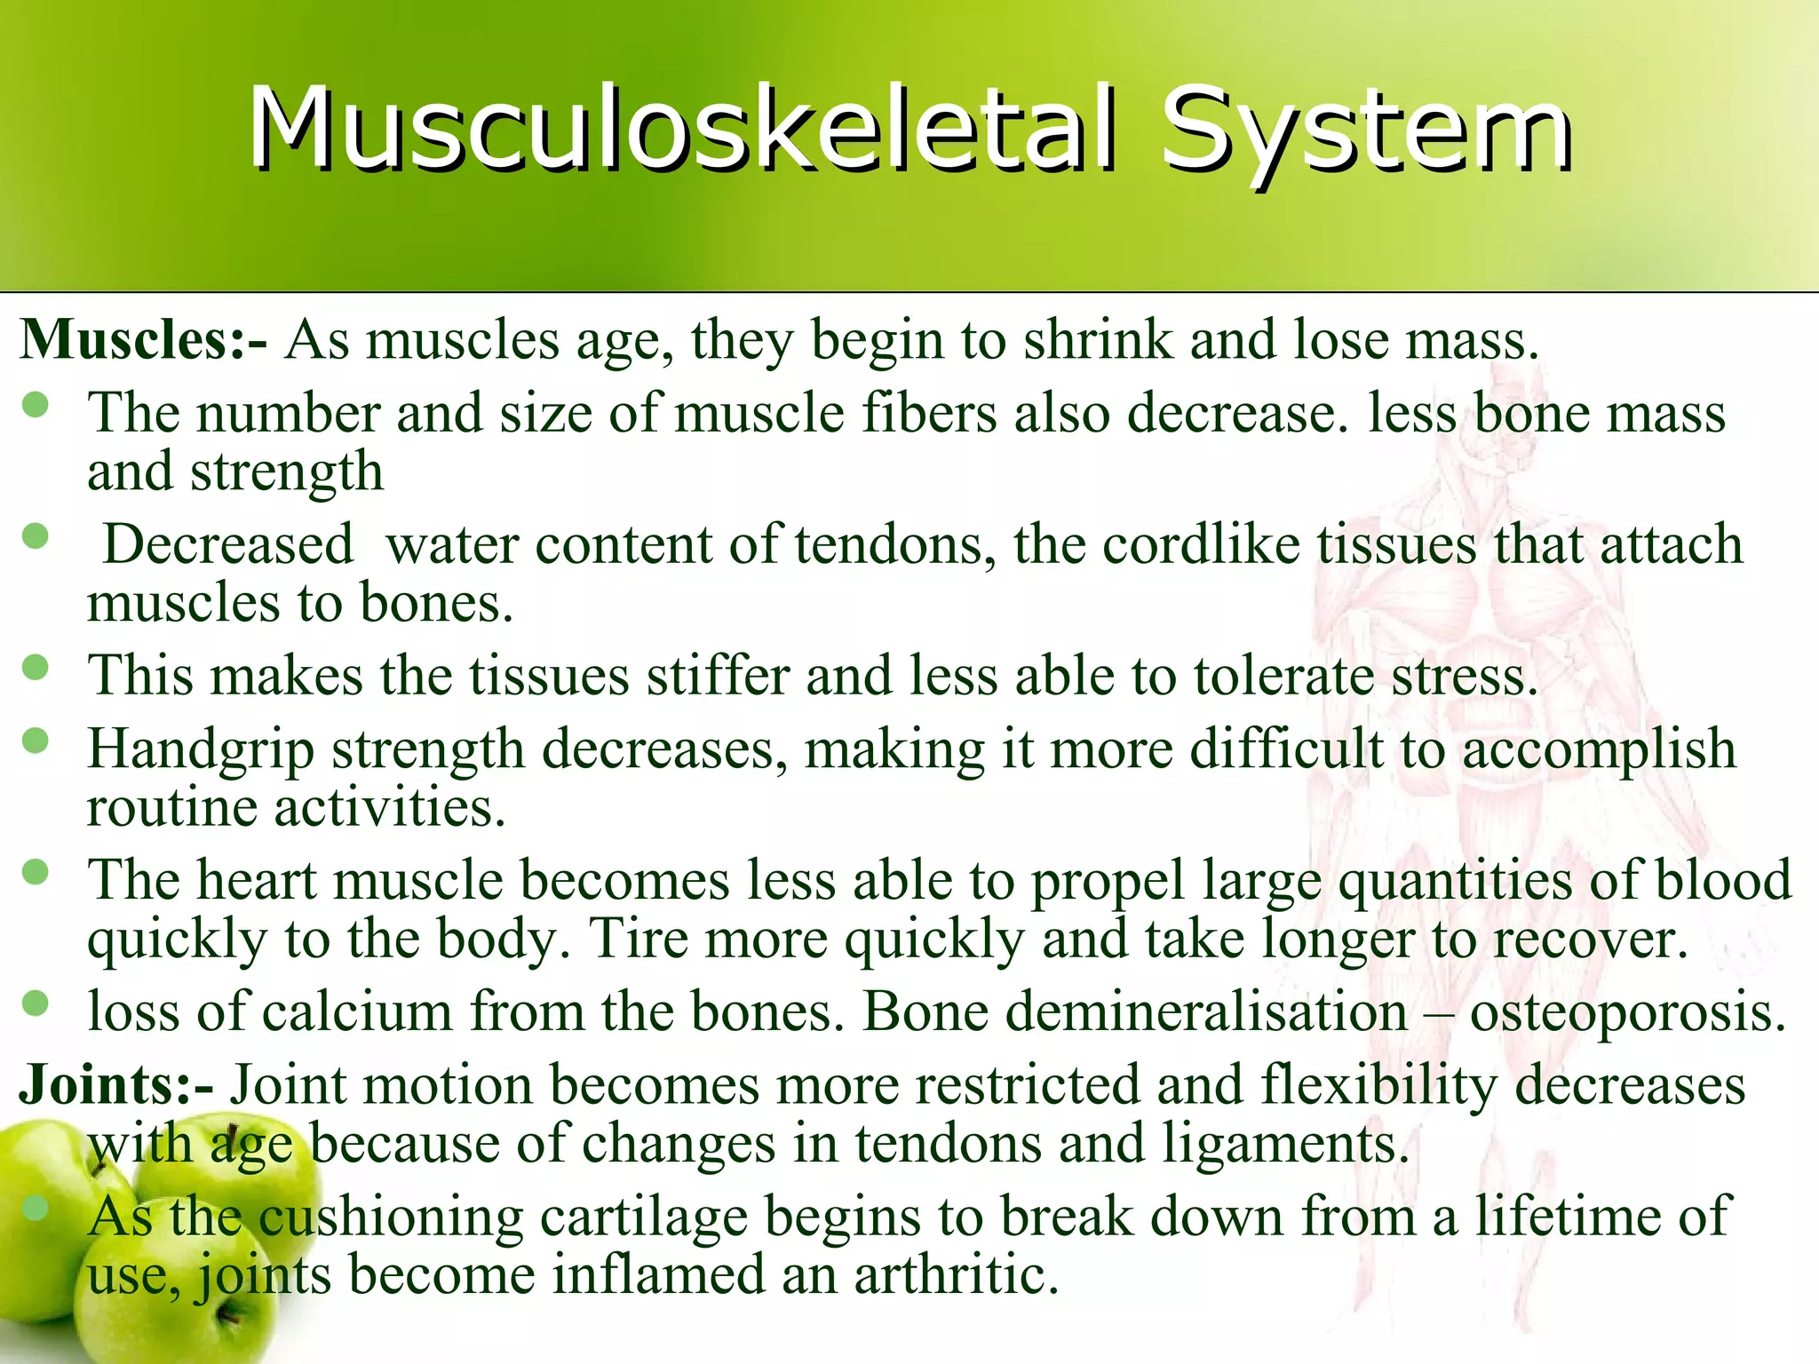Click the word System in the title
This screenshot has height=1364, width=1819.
point(1366,131)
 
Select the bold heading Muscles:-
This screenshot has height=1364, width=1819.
point(142,340)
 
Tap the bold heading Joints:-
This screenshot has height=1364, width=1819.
point(115,1085)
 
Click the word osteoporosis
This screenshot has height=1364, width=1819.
point(1627,1012)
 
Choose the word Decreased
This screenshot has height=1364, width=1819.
point(228,544)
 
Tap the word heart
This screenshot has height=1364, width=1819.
point(256,881)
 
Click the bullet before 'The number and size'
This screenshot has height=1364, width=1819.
point(36,406)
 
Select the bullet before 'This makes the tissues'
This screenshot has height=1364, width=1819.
point(36,668)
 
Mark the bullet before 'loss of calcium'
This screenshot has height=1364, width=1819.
point(36,1003)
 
